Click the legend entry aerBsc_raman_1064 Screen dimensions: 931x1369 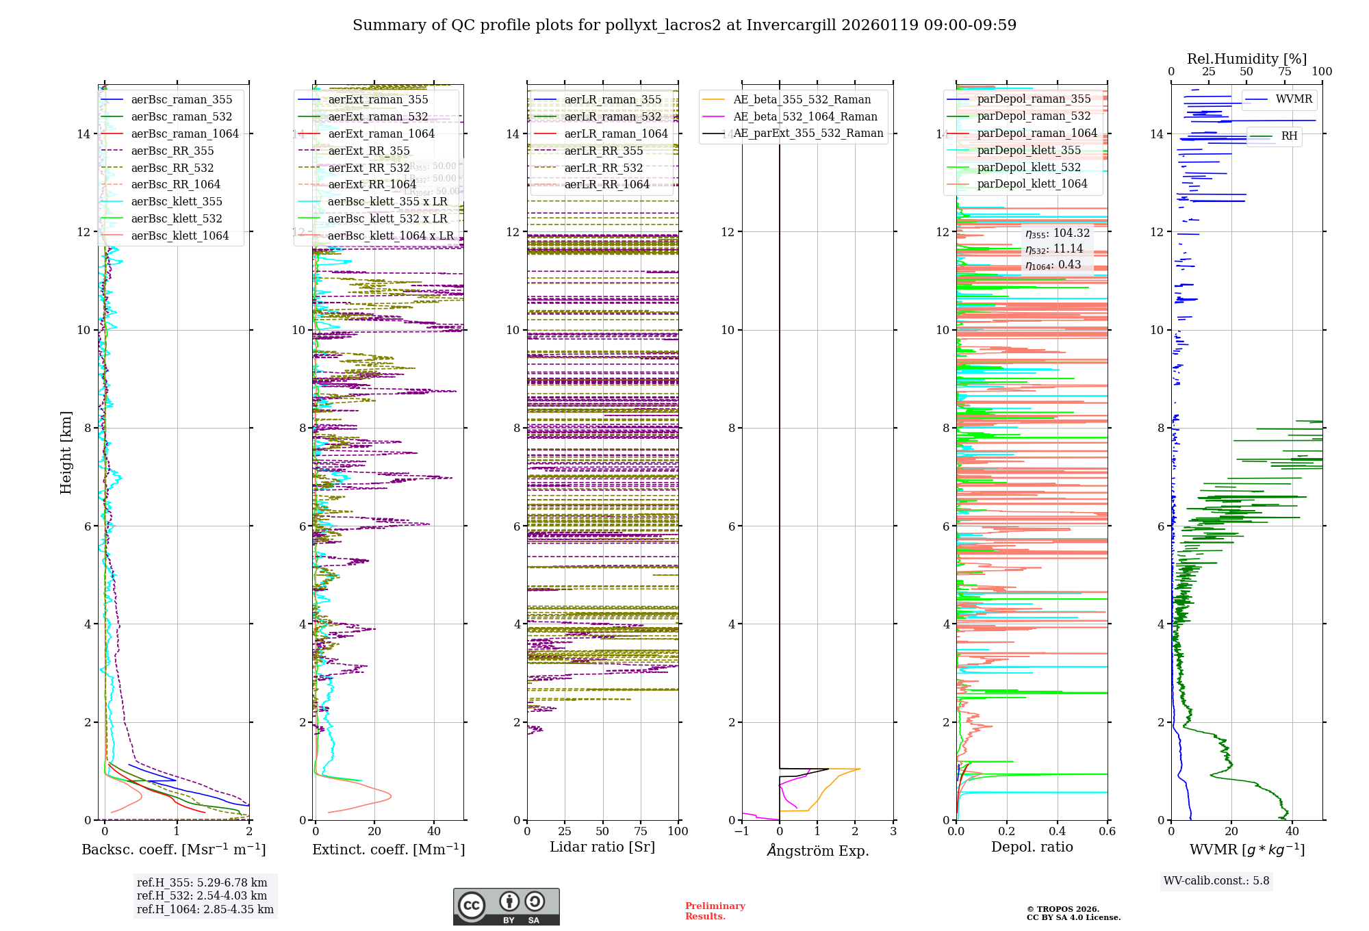coord(185,134)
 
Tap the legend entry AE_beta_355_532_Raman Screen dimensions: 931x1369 coord(802,100)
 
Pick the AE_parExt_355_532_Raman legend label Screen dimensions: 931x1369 coord(808,133)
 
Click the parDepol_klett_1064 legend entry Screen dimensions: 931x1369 coord(1032,184)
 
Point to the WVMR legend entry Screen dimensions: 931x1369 coord(1294,99)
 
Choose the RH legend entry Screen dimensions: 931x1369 coord(1289,136)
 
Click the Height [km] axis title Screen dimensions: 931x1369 coord(66,452)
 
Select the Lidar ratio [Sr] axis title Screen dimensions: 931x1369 coord(602,847)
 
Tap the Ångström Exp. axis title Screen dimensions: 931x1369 coord(817,851)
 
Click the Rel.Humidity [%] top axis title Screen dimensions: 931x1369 coord(1246,59)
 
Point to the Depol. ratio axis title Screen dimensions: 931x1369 coord(1032,847)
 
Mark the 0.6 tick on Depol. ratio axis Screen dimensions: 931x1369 coord(1107,832)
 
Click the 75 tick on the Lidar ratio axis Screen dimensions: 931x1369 coord(641,832)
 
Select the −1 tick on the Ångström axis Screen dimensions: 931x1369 coord(741,832)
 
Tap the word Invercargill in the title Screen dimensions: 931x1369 coord(791,25)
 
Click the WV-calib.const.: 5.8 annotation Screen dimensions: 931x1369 coord(1216,881)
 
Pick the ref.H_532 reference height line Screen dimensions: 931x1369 coord(202,896)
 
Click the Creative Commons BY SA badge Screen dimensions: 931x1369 coord(506,906)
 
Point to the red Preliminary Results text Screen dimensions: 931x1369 coord(715,911)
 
